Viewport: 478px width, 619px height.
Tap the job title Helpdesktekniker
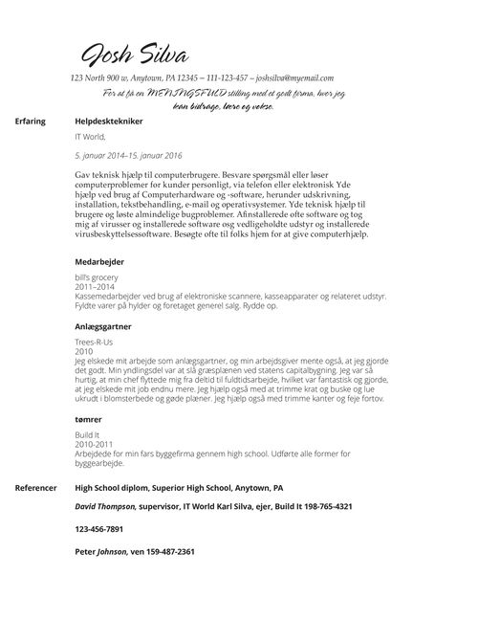(x=109, y=123)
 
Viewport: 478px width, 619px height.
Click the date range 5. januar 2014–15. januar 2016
(x=128, y=154)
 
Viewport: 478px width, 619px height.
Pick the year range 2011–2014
(x=95, y=287)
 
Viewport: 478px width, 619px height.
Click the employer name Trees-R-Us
(x=94, y=343)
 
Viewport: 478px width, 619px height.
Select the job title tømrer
(x=89, y=420)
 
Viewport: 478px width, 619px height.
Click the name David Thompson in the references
(x=106, y=506)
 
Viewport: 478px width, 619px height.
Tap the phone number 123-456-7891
(x=99, y=529)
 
